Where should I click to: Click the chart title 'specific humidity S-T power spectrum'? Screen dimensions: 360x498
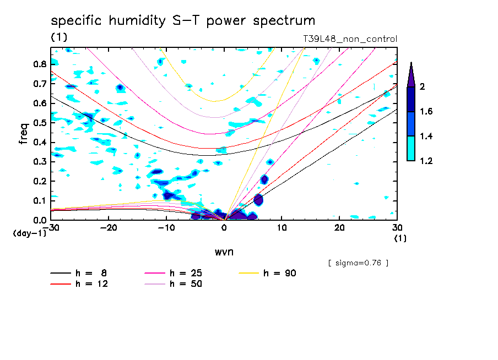(x=183, y=21)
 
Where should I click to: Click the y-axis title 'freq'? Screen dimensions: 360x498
(x=24, y=133)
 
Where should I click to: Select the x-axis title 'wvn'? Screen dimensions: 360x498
(x=224, y=252)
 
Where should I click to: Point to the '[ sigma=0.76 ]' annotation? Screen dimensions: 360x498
(x=358, y=263)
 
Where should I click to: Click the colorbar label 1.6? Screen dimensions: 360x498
(x=426, y=112)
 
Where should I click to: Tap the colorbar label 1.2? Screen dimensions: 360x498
(x=426, y=161)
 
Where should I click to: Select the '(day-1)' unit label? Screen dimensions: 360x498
(x=29, y=233)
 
